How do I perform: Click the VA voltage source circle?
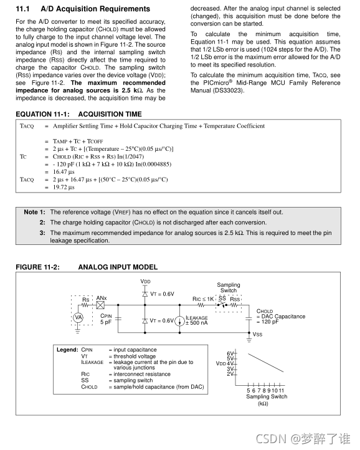pyautogui.click(x=78, y=317)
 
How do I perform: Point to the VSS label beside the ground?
pyautogui.click(x=257, y=334)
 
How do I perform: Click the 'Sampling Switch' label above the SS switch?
pyautogui.click(x=229, y=288)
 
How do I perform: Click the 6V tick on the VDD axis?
pyautogui.click(x=230, y=353)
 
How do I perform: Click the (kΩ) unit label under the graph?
pyautogui.click(x=262, y=403)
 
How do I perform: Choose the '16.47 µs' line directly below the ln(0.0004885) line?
pyautogui.click(x=64, y=171)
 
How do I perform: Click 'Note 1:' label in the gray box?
pyautogui.click(x=34, y=212)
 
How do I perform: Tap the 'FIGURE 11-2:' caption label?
pyautogui.click(x=37, y=267)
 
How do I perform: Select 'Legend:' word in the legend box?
pyautogui.click(x=67, y=350)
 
